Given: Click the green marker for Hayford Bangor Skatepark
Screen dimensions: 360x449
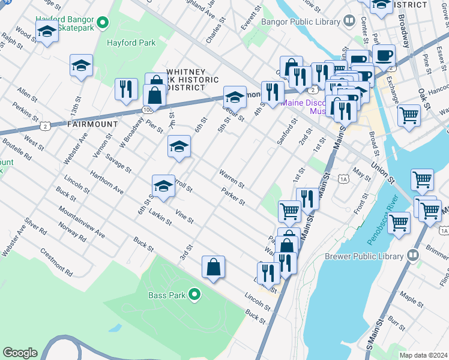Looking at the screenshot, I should tap(103, 23).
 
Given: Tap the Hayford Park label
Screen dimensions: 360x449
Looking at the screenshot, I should tap(131, 43).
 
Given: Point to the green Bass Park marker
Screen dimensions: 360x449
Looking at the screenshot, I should tap(194, 295).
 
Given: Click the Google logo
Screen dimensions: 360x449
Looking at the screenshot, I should tap(20, 353).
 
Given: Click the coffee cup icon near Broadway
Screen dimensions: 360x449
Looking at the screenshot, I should tap(384, 55).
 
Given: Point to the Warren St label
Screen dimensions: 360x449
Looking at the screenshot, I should tap(231, 178).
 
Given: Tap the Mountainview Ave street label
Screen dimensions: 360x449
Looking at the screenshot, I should tap(82, 221).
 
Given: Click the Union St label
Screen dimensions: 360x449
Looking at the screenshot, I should tap(381, 172).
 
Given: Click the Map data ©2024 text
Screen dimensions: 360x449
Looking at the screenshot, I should tap(423, 355).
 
